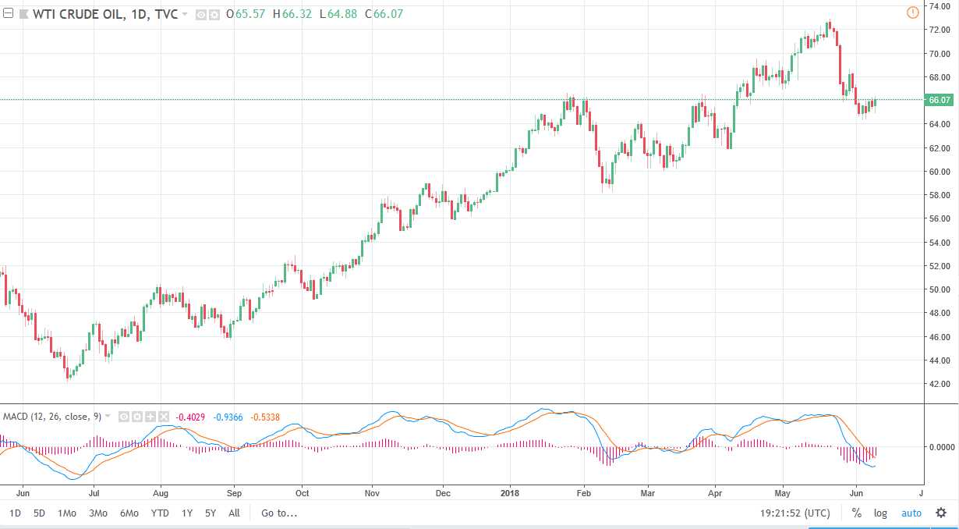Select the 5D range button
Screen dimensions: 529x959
click(39, 513)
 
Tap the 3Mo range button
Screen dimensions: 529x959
click(98, 513)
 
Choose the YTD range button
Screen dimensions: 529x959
click(160, 513)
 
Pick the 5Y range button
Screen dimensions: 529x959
click(211, 513)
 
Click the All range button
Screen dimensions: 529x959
click(234, 513)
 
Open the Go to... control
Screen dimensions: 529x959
click(279, 513)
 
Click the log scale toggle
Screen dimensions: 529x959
click(880, 513)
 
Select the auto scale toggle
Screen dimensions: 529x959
click(911, 513)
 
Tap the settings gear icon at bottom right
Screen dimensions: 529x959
click(940, 513)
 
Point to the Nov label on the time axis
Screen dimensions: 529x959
click(372, 493)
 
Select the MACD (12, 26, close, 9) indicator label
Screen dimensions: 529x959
click(51, 417)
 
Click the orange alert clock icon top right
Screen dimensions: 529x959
click(913, 12)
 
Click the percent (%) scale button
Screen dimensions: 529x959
click(856, 513)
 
